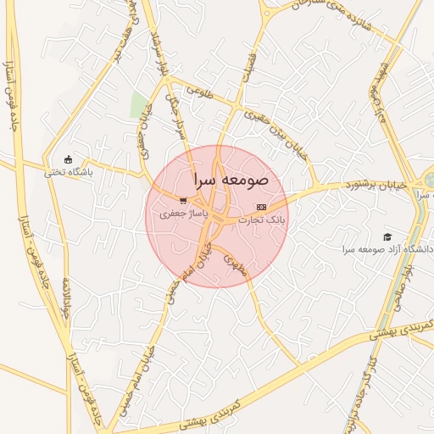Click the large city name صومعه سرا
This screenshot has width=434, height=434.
(x=231, y=180)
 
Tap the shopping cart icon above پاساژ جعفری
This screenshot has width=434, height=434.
(x=183, y=202)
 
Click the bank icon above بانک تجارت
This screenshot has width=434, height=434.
(x=261, y=207)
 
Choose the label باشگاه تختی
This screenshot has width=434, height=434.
(x=69, y=171)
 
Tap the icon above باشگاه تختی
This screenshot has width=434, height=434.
(x=69, y=159)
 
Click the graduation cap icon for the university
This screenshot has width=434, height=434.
(x=387, y=237)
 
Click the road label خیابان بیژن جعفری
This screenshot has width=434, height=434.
(x=273, y=125)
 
